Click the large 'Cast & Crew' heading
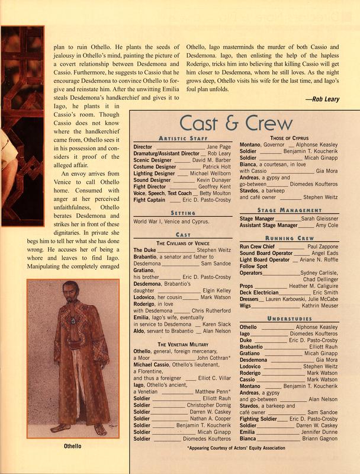[x=236, y=123]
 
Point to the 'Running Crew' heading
[x=288, y=237]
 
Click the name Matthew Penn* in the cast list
[x=213, y=392]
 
